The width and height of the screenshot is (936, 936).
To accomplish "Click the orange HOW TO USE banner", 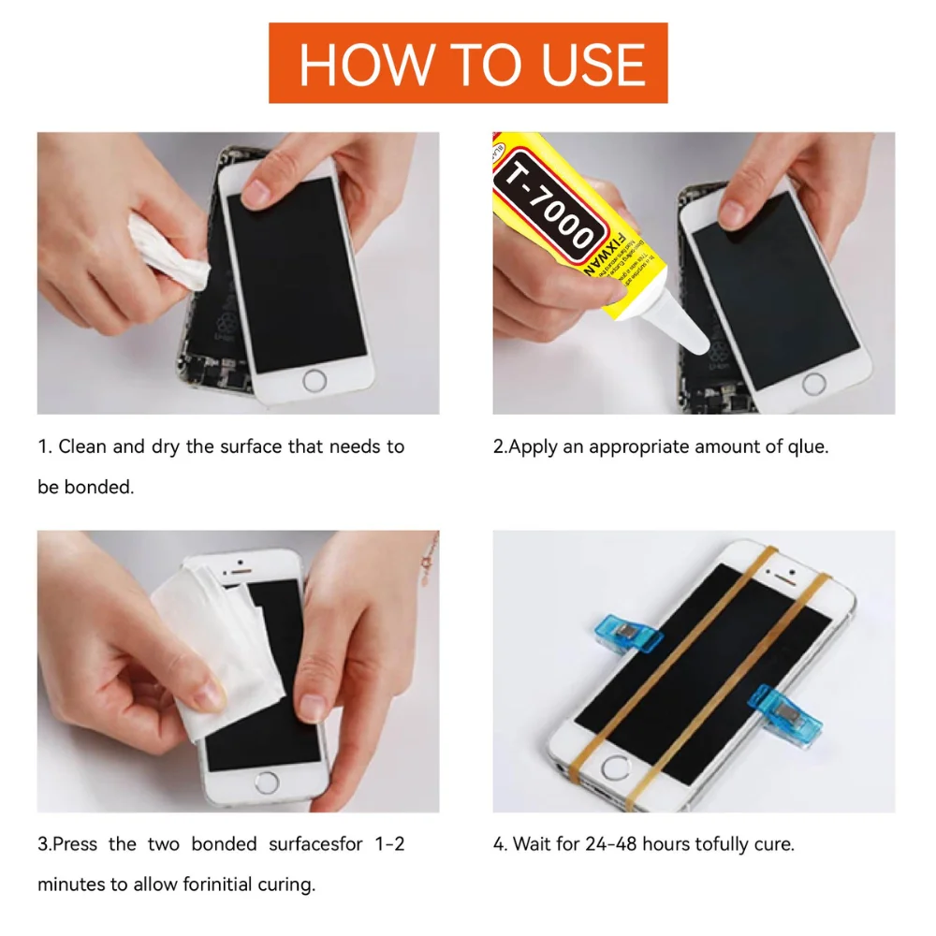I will click(x=468, y=63).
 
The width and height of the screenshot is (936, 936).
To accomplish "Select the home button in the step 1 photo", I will click(x=315, y=380).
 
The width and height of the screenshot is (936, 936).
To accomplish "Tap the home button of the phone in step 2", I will click(x=813, y=383).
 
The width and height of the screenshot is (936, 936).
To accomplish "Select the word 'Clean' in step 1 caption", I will click(x=82, y=446).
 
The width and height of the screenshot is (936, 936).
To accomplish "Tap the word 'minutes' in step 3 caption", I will click(x=70, y=884).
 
